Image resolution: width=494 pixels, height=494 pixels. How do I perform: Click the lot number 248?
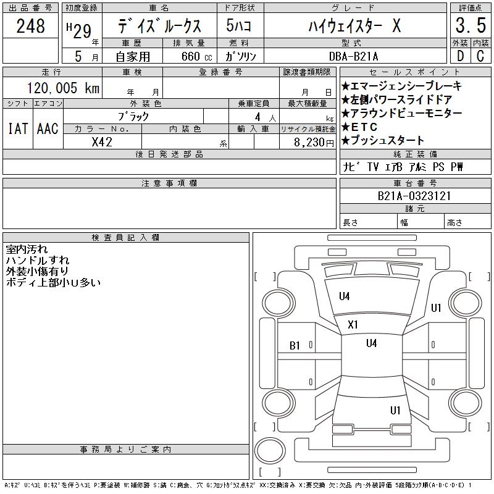pos(30,26)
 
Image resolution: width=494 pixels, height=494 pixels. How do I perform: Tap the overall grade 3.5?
pos(471,25)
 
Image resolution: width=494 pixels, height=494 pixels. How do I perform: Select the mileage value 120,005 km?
pos(63,88)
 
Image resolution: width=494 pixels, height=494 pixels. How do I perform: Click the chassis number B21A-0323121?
pos(414,196)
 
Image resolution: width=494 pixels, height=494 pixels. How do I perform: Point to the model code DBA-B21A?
pos(353,56)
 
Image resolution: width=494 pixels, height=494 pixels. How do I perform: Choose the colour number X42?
pos(102,142)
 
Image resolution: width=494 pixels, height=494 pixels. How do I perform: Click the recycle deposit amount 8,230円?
pos(314,143)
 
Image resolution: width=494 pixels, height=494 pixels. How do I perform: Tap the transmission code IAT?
pos(18,128)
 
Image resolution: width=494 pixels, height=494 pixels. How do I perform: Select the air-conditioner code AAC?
pos(48,128)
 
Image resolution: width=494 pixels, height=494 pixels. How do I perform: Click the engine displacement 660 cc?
pos(196,56)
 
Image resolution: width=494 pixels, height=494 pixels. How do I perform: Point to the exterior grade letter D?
pos(460,56)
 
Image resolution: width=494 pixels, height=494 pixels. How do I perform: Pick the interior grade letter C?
pos(480,56)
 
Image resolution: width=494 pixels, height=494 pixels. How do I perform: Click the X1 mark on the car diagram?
pos(353,325)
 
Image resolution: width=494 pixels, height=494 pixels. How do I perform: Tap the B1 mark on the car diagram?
pos(295,346)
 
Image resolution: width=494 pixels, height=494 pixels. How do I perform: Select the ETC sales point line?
pos(359,127)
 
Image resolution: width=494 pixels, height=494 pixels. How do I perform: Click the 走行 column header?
pos(51,72)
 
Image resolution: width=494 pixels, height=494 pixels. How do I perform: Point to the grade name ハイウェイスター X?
pos(354,25)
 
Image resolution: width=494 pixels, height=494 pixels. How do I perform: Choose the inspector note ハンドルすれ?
pos(38,260)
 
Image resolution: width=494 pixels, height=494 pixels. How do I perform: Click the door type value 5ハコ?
pos(238,25)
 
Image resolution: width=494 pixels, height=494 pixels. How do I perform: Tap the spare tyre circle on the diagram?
pos(270,451)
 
